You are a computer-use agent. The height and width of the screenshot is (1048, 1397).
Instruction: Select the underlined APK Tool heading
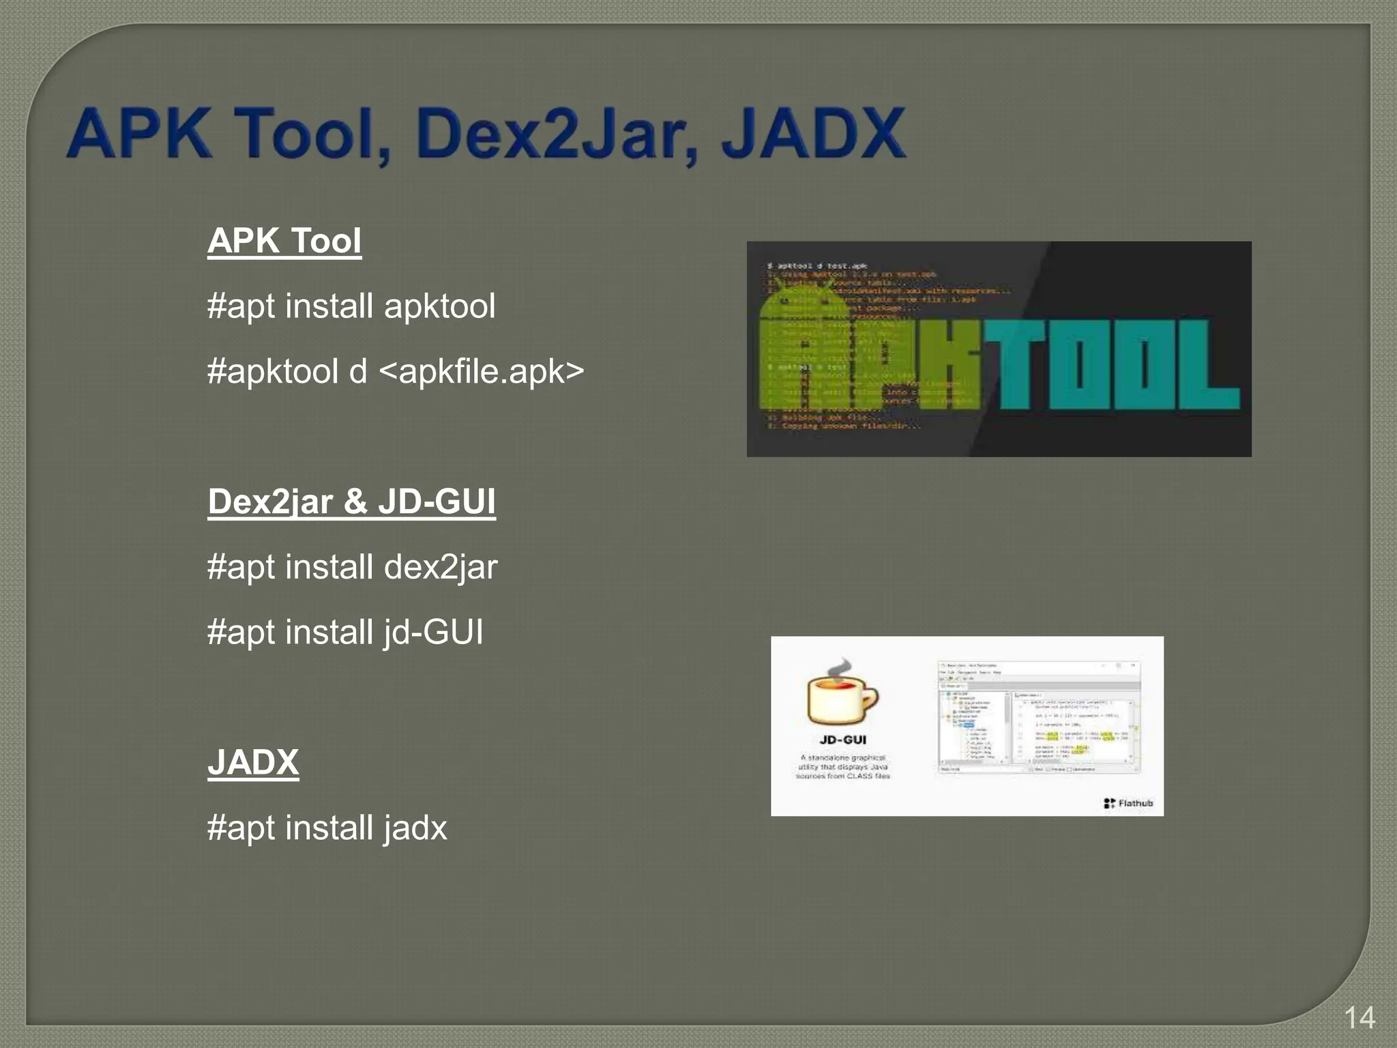(284, 241)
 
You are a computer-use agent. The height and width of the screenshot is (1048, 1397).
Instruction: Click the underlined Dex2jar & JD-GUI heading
(351, 501)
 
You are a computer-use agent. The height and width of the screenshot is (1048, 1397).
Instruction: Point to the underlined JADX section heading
(253, 762)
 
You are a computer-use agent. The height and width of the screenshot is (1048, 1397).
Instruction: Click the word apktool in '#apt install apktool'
(439, 306)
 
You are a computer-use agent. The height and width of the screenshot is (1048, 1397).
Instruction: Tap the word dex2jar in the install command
(441, 568)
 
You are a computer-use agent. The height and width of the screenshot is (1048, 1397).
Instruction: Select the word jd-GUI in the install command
(433, 632)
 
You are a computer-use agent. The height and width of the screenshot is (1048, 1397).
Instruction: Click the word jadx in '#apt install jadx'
(415, 828)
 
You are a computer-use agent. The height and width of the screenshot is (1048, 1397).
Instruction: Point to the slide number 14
(1359, 1018)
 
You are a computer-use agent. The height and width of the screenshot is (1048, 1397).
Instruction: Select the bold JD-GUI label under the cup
(842, 740)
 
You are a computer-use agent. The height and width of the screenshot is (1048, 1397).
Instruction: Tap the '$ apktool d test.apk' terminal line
(817, 265)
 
